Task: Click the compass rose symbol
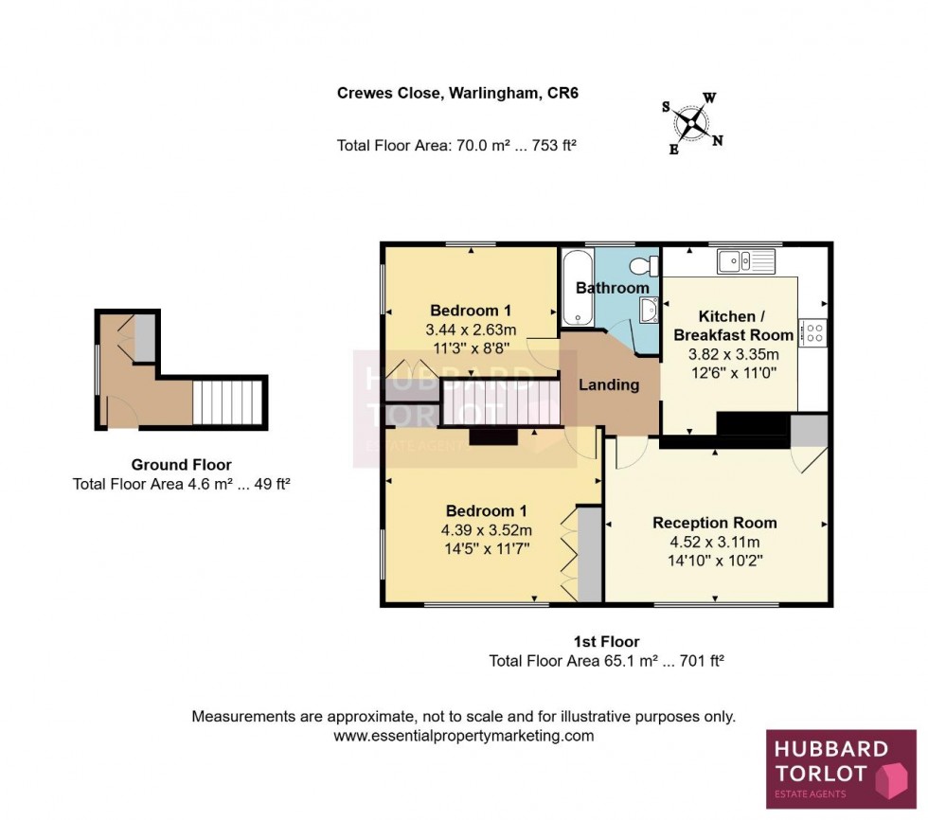[x=696, y=121]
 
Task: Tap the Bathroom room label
[x=613, y=288]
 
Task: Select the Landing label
[x=609, y=384]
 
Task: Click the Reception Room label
[x=715, y=523]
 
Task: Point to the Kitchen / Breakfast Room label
[x=733, y=325]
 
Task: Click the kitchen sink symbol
[x=745, y=258]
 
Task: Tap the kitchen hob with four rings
[x=812, y=332]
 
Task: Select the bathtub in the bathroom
[x=575, y=288]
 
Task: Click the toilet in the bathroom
[x=647, y=264]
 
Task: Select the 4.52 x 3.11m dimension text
[x=715, y=542]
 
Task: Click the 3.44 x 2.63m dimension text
[x=470, y=330]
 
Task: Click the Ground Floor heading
[x=181, y=464]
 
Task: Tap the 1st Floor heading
[x=606, y=642]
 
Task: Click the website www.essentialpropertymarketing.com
[x=464, y=736]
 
